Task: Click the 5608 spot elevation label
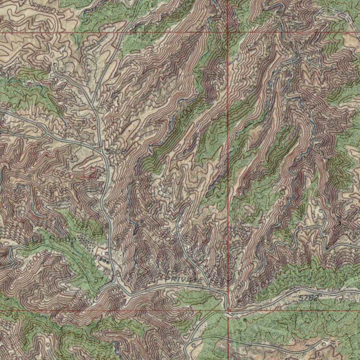[x=116, y=152]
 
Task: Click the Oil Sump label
[x=53, y=239]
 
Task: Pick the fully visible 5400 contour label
[x=185, y=114]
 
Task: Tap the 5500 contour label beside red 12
[x=65, y=173]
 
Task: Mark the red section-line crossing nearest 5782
[x=229, y=311]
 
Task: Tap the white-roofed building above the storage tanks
[x=104, y=252]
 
